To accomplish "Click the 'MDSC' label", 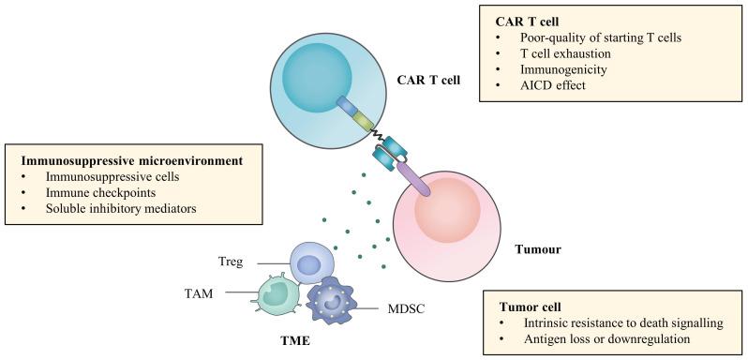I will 406,307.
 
